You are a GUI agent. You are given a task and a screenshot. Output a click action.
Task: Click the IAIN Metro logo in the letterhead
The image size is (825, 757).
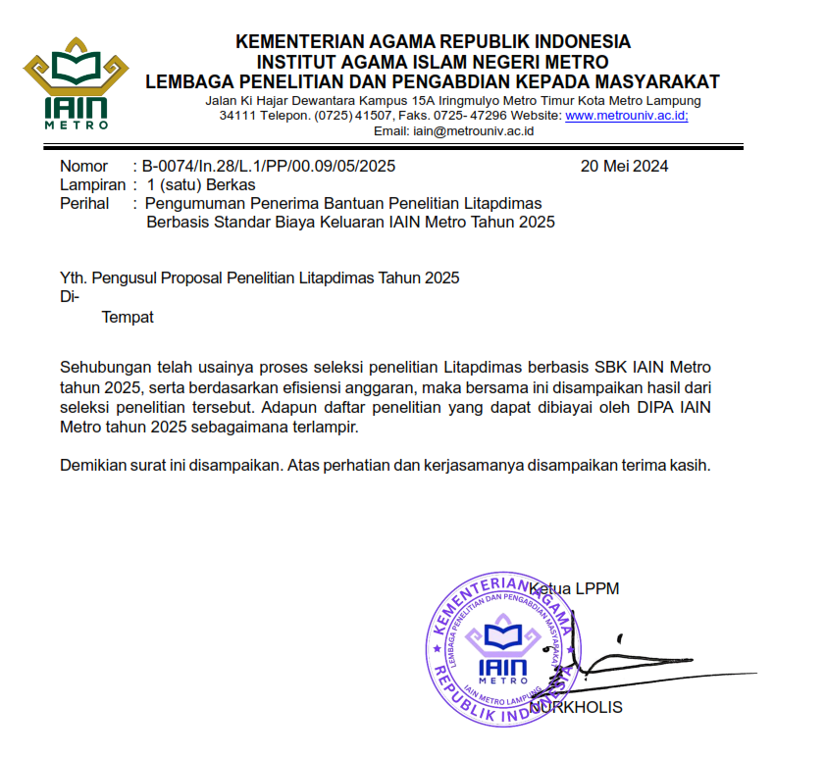77,83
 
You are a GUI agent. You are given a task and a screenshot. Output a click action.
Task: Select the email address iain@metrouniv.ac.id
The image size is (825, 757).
473,131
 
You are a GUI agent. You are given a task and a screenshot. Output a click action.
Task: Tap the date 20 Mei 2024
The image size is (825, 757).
624,166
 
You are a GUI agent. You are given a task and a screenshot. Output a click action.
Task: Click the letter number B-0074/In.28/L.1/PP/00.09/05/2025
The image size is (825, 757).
268,166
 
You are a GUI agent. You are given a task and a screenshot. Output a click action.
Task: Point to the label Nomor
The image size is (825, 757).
84,166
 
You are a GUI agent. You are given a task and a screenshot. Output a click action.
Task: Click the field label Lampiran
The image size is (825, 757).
92,184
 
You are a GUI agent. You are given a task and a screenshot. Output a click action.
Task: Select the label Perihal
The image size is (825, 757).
84,203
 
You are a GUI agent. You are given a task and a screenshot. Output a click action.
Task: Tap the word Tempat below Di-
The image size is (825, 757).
128,317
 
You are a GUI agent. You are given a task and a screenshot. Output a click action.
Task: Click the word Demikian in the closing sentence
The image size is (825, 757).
94,465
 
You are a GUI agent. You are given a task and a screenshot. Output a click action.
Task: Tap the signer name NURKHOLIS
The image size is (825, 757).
576,707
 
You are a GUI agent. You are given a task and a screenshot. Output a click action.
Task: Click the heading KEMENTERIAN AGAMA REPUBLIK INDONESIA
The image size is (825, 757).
433,41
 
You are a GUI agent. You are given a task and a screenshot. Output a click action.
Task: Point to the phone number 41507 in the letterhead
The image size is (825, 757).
372,116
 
